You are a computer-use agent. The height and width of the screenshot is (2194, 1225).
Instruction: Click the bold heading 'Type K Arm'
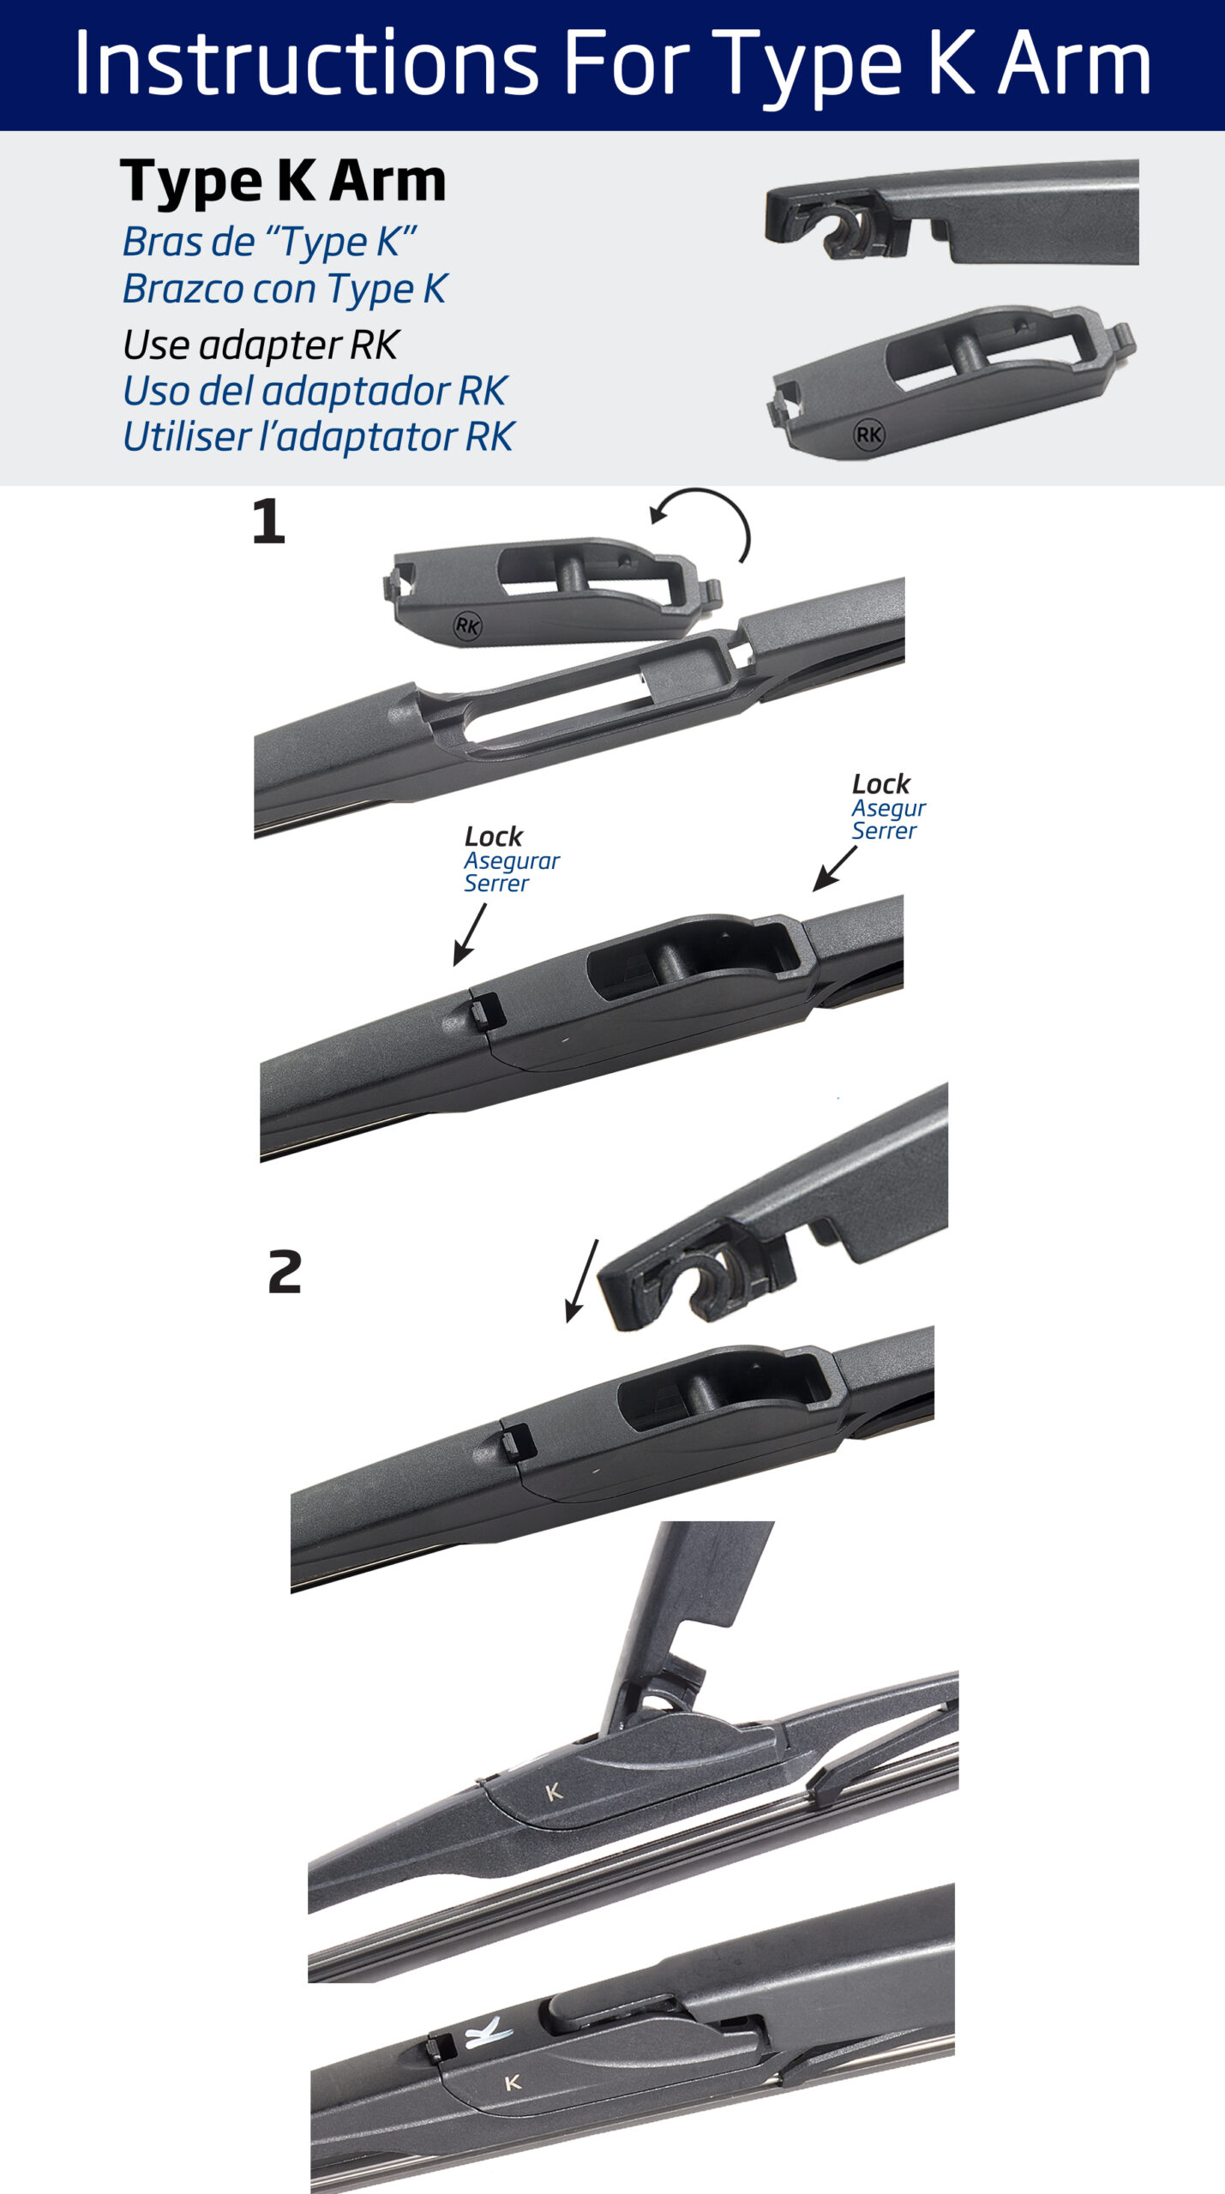coord(284,182)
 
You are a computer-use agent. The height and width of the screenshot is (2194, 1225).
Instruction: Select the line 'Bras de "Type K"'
coord(269,243)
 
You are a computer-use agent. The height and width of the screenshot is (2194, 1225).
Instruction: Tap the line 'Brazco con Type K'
coord(285,289)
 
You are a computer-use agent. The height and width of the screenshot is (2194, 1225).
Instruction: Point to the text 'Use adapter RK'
coord(261,345)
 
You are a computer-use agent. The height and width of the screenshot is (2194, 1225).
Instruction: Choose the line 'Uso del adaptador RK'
coord(315,391)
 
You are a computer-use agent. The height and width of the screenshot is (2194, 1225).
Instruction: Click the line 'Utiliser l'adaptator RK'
coord(318,436)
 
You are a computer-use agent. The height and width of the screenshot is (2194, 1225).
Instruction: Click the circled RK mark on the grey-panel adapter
coord(869,435)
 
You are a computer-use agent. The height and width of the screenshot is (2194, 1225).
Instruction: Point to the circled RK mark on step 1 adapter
coord(467,626)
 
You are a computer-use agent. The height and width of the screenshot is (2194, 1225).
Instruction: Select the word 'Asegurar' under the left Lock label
coord(512,860)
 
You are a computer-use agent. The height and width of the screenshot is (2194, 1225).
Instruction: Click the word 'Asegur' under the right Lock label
coord(888,809)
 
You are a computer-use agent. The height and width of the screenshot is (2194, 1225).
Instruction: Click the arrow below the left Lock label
coord(470,935)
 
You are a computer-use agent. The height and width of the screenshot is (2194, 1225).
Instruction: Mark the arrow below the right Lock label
coord(835,869)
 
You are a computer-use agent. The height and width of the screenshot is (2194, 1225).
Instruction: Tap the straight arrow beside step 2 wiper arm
coord(582,1280)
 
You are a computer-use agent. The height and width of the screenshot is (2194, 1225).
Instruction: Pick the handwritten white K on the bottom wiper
coord(487,2032)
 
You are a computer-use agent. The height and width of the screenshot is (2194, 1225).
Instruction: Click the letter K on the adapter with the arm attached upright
coord(554,1791)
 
